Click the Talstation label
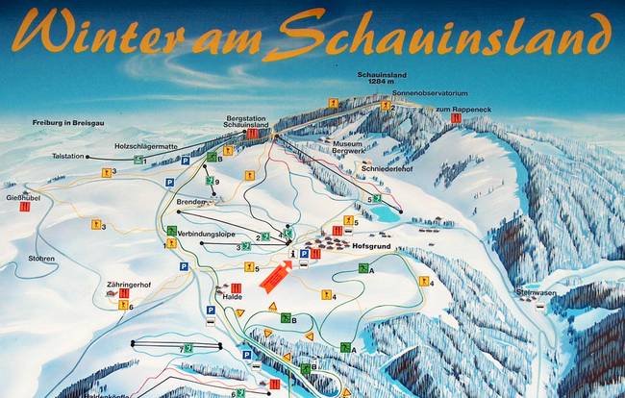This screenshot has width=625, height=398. [x=67, y=156]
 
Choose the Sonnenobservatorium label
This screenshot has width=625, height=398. [x=408, y=93]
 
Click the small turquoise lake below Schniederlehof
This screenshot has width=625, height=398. [x=387, y=212]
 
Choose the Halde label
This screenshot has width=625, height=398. [x=232, y=296]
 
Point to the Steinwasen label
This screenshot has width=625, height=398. [x=537, y=291]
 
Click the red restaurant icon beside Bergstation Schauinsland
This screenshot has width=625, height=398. [x=252, y=135]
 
